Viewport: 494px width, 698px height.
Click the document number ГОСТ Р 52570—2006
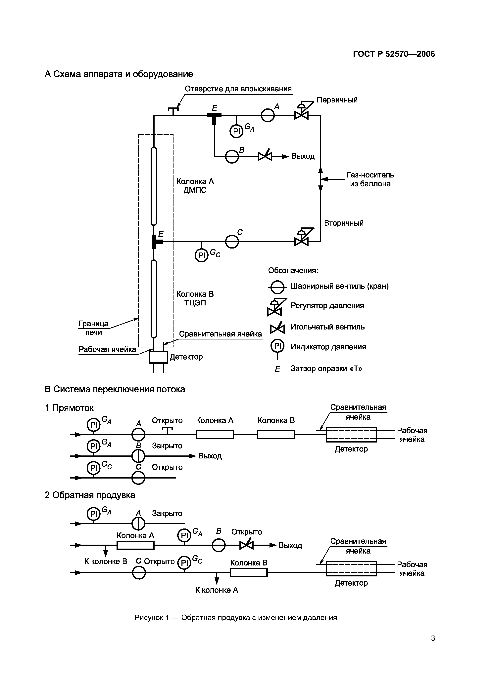(x=394, y=54)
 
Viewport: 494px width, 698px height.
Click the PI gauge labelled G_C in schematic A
(x=202, y=255)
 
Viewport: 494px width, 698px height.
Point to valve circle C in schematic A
(x=232, y=242)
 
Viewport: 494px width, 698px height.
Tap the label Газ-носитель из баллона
(x=370, y=179)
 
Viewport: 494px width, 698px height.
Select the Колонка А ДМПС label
(x=195, y=186)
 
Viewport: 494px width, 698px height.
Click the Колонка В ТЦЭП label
(x=195, y=298)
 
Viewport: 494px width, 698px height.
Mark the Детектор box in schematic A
(x=158, y=357)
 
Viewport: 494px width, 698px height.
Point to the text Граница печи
(x=93, y=328)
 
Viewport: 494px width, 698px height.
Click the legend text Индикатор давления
(x=328, y=347)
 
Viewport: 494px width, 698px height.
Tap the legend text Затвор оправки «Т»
(x=326, y=368)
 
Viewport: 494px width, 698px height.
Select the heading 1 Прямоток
(x=69, y=408)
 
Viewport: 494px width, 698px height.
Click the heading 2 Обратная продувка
(x=90, y=495)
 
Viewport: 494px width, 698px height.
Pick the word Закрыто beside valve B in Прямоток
(x=167, y=446)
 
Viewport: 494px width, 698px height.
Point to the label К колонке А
(x=217, y=590)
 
